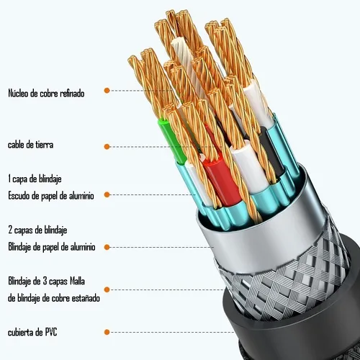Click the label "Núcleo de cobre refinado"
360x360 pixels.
pos(46,93)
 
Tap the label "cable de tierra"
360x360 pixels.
pos(30,145)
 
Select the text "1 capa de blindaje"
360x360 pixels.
pos(35,179)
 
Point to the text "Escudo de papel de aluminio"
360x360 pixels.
pos(51,196)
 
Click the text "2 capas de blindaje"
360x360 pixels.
pos(37,230)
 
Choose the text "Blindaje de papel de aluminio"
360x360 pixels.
pos(52,247)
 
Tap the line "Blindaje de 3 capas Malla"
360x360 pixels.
pos(46,281)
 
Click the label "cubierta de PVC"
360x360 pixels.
pos(32,333)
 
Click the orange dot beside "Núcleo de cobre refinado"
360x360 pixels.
pos(107,91)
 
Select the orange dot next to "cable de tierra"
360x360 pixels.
pos(107,147)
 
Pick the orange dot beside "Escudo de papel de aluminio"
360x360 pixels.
pos(107,194)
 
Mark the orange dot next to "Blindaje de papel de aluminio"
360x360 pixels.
pos(107,247)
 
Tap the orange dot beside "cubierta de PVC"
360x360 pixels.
pos(107,333)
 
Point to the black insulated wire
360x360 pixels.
pos(271,151)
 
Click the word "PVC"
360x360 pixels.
pos(51,333)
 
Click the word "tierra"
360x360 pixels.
pos(45,145)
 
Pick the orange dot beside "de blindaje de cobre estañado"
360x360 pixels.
pos(107,289)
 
